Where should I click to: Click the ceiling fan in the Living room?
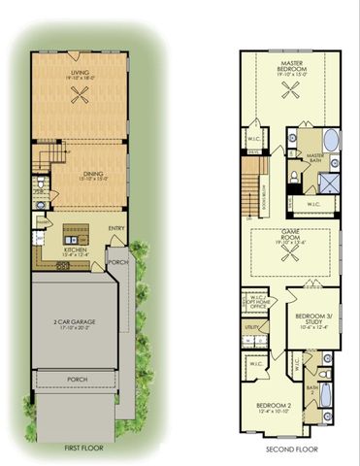point(82,94)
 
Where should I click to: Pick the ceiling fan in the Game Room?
point(289,251)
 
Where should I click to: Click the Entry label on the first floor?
point(115,228)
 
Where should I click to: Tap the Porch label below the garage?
point(74,380)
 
